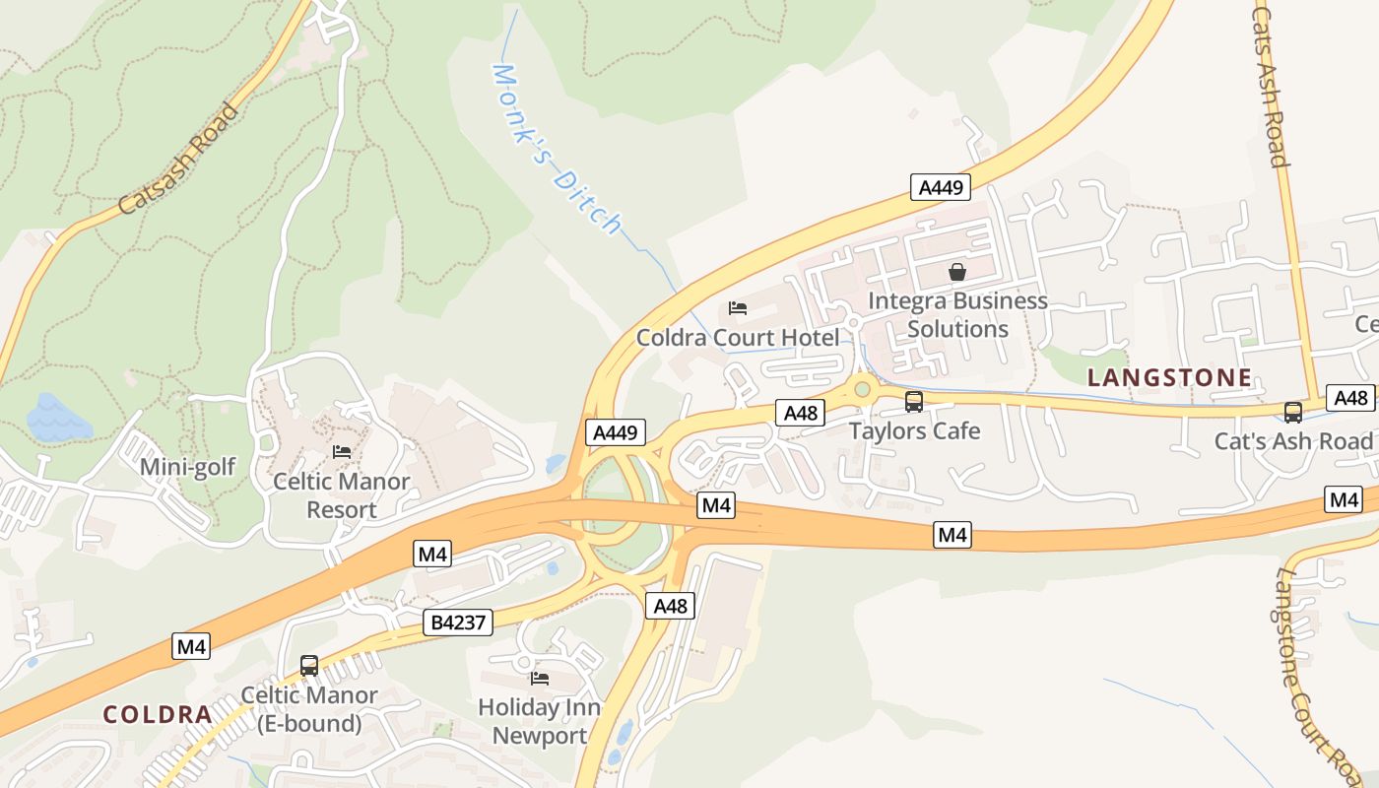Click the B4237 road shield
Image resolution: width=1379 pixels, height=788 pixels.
click(x=458, y=622)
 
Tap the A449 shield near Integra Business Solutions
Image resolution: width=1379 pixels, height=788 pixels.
click(x=941, y=186)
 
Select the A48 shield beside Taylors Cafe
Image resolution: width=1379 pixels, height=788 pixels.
click(x=800, y=413)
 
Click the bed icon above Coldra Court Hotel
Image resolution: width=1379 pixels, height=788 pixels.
click(x=738, y=308)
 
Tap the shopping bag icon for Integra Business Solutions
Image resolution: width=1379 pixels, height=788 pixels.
click(x=956, y=271)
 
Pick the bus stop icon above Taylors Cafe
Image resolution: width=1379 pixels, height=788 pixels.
click(x=914, y=401)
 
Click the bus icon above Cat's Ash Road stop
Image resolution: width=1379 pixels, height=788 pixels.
click(x=1293, y=412)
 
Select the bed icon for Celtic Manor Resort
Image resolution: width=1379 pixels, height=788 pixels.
click(x=342, y=451)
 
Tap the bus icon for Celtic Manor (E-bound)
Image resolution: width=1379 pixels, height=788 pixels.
click(x=309, y=665)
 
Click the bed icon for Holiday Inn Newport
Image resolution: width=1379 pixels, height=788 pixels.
click(x=540, y=678)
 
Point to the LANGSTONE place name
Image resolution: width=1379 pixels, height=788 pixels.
click(x=1170, y=377)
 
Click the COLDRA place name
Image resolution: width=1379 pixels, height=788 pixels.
click(x=158, y=714)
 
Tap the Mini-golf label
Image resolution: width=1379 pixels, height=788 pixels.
click(x=187, y=466)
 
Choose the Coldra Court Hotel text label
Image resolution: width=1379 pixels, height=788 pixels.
click(x=738, y=338)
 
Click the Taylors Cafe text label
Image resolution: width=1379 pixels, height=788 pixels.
click(x=914, y=430)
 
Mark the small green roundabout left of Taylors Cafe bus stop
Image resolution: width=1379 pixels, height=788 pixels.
click(x=863, y=389)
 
